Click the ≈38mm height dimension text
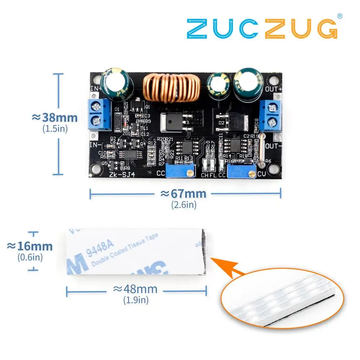[55, 117]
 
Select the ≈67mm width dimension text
[184, 194]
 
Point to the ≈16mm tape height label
[30, 246]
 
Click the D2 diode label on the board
[222, 123]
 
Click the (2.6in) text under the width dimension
[184, 205]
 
